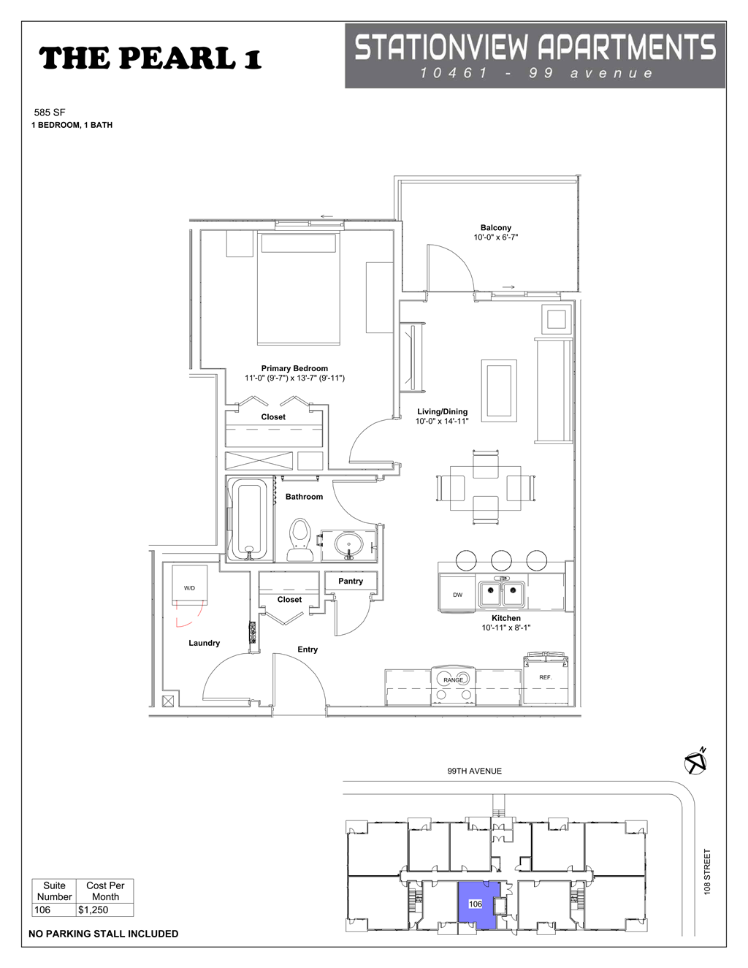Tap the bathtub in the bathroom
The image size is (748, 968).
pyautogui.click(x=249, y=519)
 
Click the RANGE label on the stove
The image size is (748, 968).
pyautogui.click(x=453, y=679)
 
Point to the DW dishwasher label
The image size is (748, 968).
pyautogui.click(x=457, y=595)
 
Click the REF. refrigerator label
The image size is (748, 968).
pyautogui.click(x=545, y=677)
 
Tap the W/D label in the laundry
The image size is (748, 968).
pyautogui.click(x=189, y=587)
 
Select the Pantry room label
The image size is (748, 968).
pyautogui.click(x=351, y=581)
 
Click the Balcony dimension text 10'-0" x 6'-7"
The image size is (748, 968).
pyautogui.click(x=495, y=237)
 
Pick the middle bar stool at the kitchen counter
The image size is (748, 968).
pyautogui.click(x=501, y=560)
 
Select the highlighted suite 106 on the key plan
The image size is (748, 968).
pyautogui.click(x=476, y=904)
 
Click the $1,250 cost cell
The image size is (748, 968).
pyautogui.click(x=93, y=910)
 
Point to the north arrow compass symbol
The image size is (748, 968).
pyautogui.click(x=695, y=763)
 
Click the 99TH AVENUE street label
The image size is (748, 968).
pyautogui.click(x=474, y=771)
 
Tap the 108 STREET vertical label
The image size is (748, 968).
pyautogui.click(x=707, y=871)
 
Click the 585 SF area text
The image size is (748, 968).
pyautogui.click(x=50, y=113)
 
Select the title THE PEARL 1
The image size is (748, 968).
pyautogui.click(x=150, y=58)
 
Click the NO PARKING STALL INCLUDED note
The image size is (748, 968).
pyautogui.click(x=103, y=934)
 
